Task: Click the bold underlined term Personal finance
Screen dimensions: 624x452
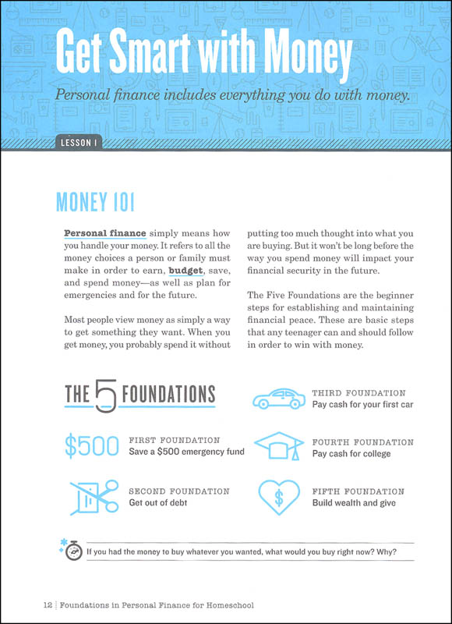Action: pyautogui.click(x=95, y=233)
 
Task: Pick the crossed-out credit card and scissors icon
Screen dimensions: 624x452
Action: pyautogui.click(x=91, y=497)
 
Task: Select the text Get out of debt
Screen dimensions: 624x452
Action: pyautogui.click(x=157, y=503)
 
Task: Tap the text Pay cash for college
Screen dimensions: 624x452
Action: pyautogui.click(x=351, y=453)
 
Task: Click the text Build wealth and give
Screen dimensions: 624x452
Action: pyautogui.click(x=355, y=503)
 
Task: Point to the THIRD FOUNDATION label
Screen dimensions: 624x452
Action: pyautogui.click(x=358, y=393)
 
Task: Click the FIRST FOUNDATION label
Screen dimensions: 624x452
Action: pyautogui.click(x=175, y=440)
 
